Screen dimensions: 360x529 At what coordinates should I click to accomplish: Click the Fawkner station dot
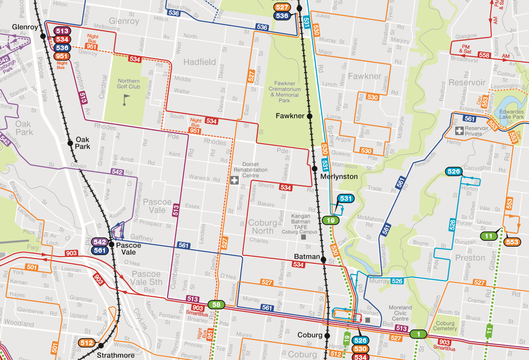[x=310, y=116]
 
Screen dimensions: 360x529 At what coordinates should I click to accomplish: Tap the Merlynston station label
[x=339, y=177]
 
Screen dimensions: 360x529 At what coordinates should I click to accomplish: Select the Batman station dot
[x=323, y=260]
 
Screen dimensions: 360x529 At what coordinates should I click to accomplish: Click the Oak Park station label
[x=83, y=143]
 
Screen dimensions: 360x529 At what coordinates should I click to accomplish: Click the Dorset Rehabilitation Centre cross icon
[x=234, y=181]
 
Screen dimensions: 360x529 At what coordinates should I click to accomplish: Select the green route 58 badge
[x=216, y=305]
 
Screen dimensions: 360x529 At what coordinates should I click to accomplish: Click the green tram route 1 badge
[x=418, y=334]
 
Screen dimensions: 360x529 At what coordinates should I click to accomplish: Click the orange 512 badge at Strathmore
[x=87, y=343]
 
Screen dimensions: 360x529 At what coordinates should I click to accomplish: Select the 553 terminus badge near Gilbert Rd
[x=512, y=242]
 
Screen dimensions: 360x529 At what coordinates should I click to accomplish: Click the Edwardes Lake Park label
[x=512, y=114]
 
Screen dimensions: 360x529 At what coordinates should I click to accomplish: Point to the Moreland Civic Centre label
[x=400, y=313]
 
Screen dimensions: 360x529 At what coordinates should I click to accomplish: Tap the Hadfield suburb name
[x=200, y=62]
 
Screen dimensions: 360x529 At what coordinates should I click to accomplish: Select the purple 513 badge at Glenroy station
[x=62, y=31]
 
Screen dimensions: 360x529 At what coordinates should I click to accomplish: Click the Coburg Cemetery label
[x=445, y=326]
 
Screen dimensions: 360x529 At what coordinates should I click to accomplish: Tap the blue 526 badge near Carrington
[x=454, y=171]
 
